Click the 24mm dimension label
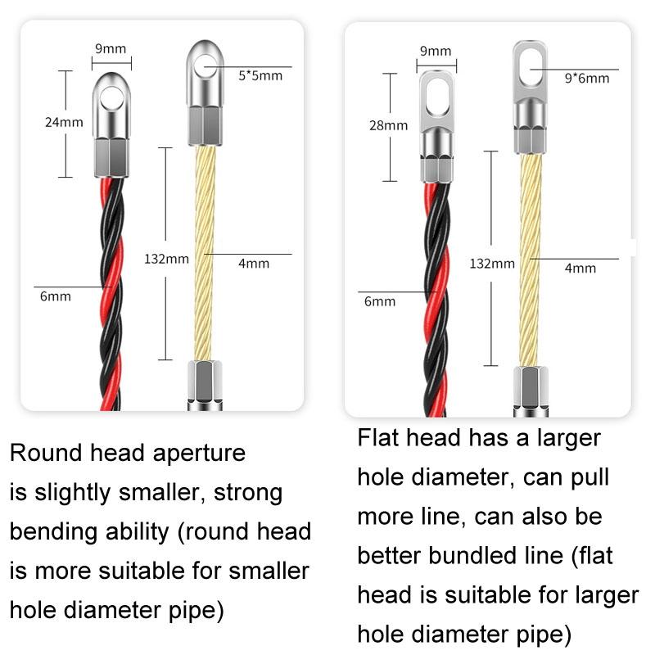[x=63, y=123]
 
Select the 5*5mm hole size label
[x=260, y=76]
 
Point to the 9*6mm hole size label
[x=586, y=79]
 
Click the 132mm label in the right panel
[x=492, y=264]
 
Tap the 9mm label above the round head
[x=111, y=48]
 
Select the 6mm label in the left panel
[x=56, y=296]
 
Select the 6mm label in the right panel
[x=380, y=301]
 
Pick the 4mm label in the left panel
[x=253, y=264]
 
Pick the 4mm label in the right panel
[x=580, y=269]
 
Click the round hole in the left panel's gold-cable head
[x=206, y=65]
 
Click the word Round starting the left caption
[x=43, y=453]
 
